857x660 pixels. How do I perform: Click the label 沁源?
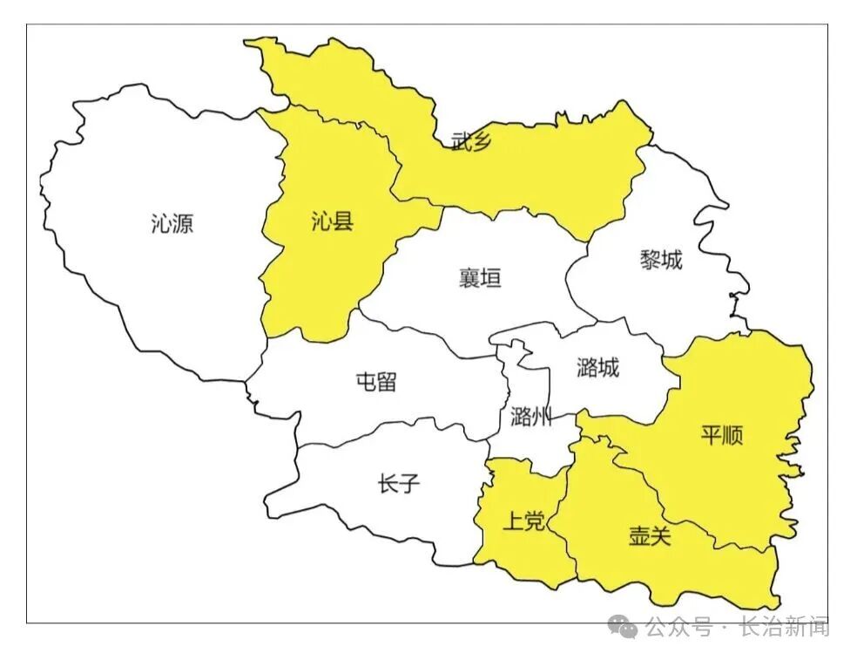pos(172,224)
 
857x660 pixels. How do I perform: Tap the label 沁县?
pos(332,221)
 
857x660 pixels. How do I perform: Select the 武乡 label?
pos(471,142)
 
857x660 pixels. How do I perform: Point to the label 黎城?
pos(661,260)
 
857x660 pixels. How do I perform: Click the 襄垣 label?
pos(480,279)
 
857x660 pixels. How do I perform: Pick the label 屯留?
pos(376,381)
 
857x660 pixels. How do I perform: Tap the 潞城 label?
pos(597,368)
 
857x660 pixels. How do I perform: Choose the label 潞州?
pos(531,416)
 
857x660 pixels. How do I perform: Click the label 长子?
pos(399,484)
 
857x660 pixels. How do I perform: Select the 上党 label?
pos(524,521)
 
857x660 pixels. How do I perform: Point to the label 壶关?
pos(650,536)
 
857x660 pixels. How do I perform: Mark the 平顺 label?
pos(722,435)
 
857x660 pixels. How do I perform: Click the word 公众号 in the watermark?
pos(678,626)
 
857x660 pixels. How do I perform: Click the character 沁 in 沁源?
pos(161,224)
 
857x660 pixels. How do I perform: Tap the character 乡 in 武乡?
pos(482,142)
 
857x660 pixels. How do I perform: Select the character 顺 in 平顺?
pos(732,435)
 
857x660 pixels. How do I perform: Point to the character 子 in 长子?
pos(409,484)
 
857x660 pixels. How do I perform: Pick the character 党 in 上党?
pos(535,521)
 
